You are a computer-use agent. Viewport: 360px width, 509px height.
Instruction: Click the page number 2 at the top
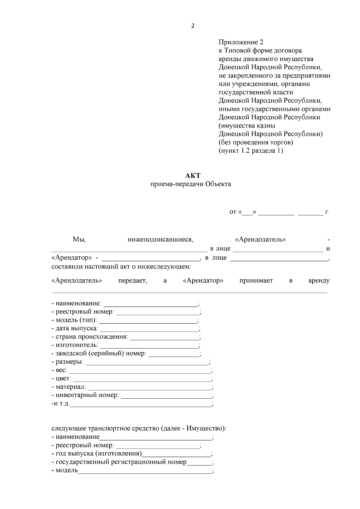click(x=193, y=26)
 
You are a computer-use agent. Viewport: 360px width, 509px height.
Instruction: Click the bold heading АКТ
click(x=193, y=175)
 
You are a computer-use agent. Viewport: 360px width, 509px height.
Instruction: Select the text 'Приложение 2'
click(x=241, y=42)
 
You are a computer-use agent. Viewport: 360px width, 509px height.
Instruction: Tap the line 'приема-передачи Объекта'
click(x=191, y=184)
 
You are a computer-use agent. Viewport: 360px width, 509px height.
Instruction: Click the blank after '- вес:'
click(x=140, y=370)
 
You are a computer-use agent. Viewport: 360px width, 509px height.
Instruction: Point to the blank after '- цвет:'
click(x=142, y=379)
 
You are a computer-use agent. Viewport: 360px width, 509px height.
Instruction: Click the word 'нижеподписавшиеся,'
click(x=160, y=240)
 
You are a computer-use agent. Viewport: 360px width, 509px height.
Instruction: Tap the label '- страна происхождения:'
click(x=90, y=337)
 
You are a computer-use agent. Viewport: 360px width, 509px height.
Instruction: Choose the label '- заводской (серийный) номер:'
click(x=99, y=354)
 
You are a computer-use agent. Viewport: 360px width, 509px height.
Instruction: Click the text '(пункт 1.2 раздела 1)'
click(x=251, y=151)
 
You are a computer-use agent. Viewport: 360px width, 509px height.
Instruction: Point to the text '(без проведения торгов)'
click(x=256, y=142)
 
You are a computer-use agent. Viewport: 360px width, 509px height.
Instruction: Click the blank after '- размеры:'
click(x=147, y=362)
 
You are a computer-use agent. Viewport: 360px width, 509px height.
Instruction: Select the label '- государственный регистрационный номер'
click(x=119, y=462)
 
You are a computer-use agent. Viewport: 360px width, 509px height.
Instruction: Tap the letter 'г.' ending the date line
click(x=327, y=212)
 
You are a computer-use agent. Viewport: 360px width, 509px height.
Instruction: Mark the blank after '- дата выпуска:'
click(x=149, y=329)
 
